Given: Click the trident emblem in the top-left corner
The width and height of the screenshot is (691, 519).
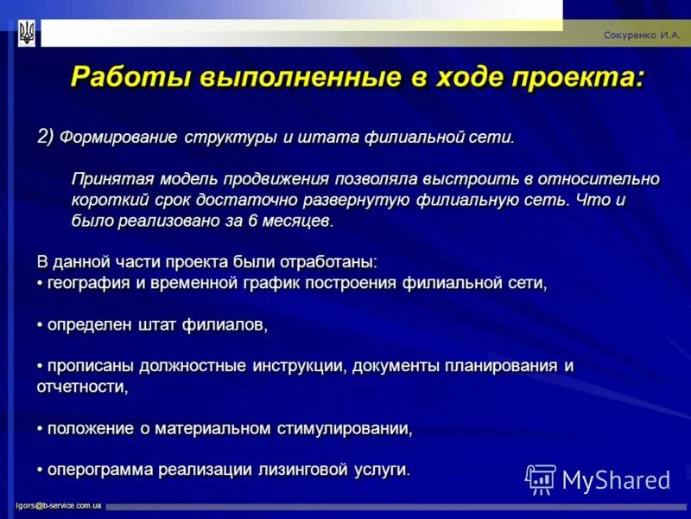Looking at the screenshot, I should click(27, 33).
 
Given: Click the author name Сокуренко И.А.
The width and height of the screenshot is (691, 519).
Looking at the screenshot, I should click(642, 35).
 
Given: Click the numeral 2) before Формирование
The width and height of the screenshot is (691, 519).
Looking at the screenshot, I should click(46, 137).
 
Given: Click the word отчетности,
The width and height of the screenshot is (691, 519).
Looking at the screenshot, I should click(82, 387).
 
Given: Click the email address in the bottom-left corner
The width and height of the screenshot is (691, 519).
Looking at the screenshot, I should click(58, 505).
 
